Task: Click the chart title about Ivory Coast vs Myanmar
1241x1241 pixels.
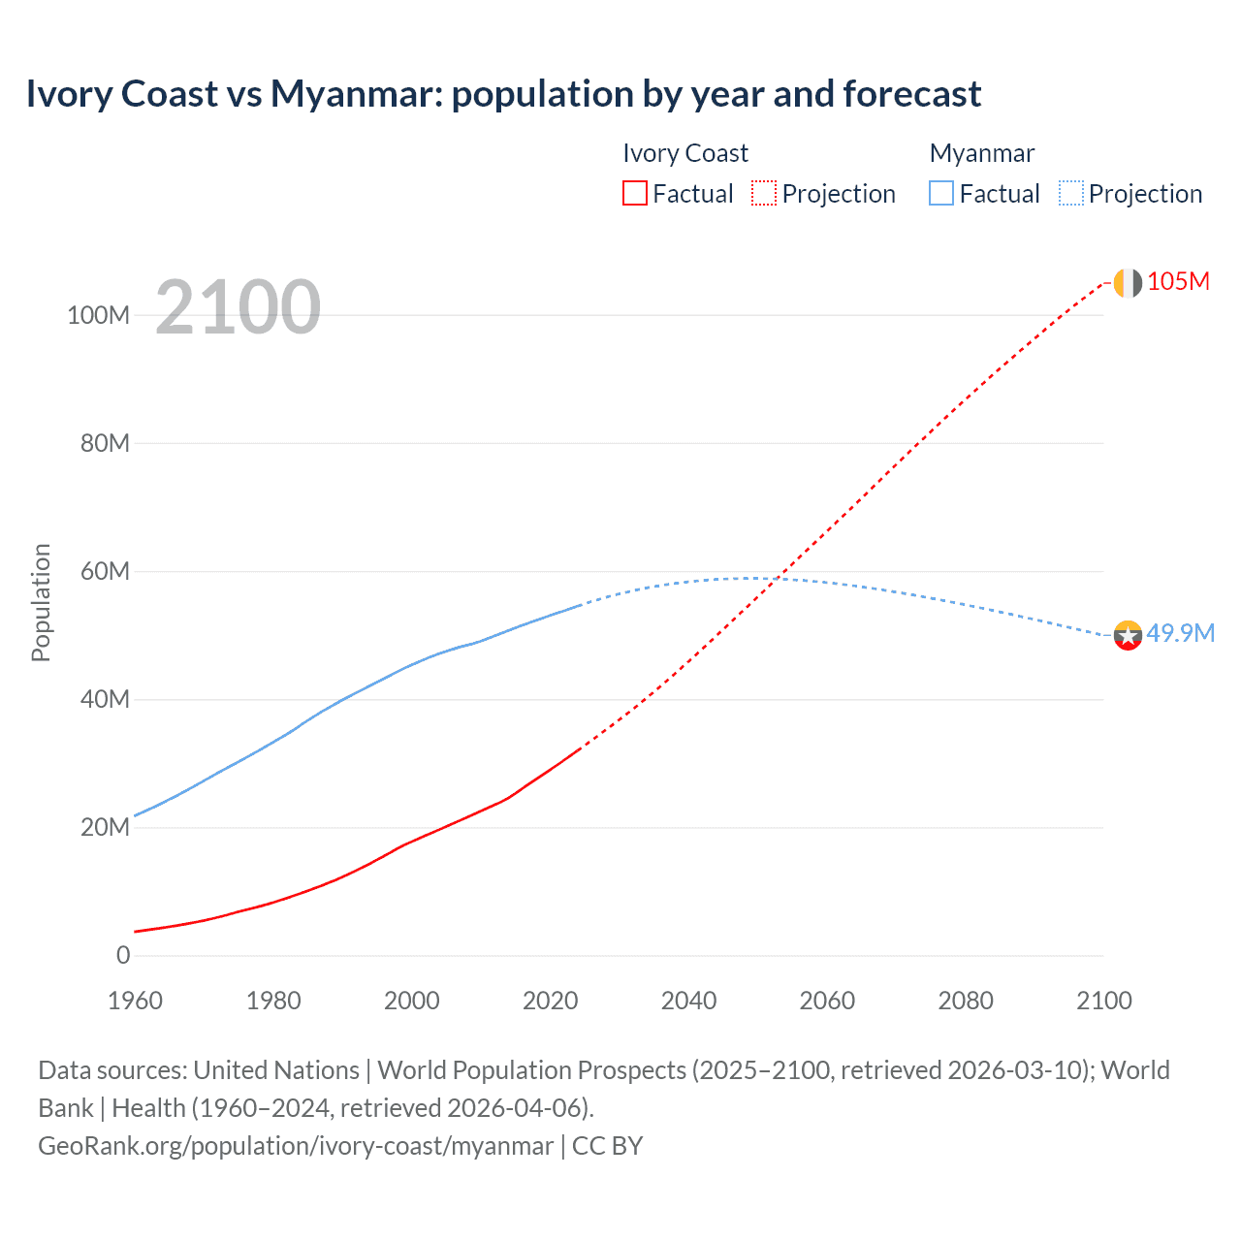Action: [503, 94]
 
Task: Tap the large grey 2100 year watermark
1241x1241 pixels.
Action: [238, 306]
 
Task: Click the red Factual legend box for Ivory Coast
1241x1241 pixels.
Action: [634, 193]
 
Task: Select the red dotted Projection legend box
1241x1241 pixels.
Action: [764, 193]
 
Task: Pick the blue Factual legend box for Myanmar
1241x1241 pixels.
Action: [941, 193]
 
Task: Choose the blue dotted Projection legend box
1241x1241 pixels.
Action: [1070, 193]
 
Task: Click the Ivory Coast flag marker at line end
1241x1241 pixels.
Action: [1128, 283]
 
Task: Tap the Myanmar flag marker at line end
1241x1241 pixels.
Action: [1128, 636]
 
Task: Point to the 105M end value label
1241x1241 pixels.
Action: [1178, 282]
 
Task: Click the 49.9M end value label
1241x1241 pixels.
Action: [1180, 633]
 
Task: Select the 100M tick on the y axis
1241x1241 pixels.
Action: [98, 315]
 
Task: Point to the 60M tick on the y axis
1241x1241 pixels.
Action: [104, 571]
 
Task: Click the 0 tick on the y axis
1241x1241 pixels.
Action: [123, 955]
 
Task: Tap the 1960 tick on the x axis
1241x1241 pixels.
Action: [135, 1001]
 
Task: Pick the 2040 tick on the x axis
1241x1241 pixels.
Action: [688, 1001]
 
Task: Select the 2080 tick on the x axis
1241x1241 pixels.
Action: [966, 1001]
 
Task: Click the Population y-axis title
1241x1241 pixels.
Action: [41, 602]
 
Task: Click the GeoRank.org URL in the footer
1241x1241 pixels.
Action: [296, 1146]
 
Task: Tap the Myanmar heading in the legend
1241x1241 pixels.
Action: [981, 153]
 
